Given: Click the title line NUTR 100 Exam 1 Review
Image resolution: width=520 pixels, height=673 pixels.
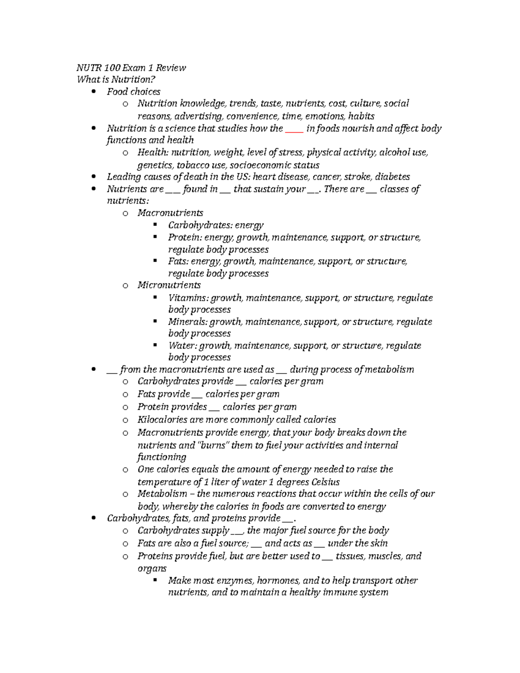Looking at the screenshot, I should point(131,68).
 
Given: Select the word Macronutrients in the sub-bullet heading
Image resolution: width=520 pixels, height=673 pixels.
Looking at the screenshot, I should point(170,213).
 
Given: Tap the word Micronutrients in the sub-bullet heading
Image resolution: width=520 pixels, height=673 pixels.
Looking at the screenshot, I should point(169,285).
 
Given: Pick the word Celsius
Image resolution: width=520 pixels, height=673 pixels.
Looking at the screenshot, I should point(325,482).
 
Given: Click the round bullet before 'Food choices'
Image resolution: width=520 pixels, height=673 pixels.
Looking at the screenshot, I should point(94,92).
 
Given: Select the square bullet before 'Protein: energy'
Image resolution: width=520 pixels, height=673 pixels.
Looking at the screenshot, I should point(155,237).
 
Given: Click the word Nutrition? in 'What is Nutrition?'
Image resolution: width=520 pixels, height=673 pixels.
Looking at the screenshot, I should point(133,79).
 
